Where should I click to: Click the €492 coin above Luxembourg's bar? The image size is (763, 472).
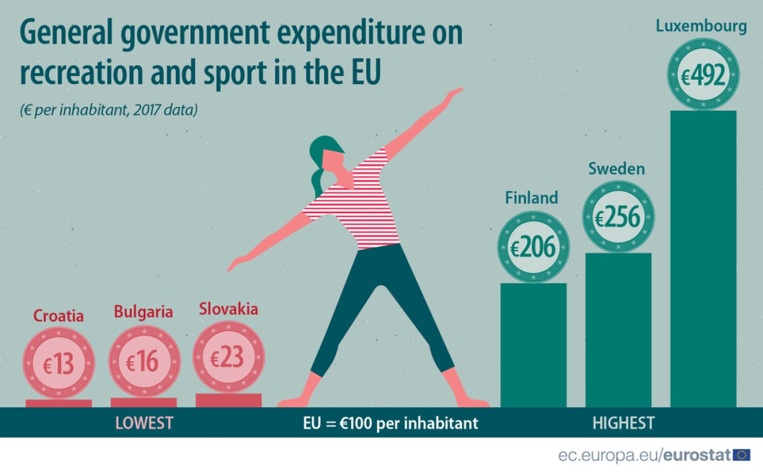703,75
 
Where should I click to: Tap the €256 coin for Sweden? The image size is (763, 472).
618,216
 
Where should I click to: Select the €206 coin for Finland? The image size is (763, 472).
534,248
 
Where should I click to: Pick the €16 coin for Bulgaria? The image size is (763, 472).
144,361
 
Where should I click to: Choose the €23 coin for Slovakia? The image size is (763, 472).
229,357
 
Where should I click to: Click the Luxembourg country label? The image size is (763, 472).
701,26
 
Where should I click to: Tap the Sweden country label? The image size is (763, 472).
617,169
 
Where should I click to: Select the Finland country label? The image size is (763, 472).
531,198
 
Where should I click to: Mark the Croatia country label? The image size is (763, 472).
59,316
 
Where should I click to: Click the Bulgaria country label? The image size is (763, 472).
143,312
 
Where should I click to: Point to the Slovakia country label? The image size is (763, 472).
228,309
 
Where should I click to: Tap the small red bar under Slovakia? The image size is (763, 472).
228,400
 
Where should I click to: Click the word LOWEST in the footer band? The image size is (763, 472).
144,423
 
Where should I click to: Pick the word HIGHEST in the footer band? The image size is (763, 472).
623,423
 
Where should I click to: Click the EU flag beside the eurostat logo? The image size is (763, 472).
742,455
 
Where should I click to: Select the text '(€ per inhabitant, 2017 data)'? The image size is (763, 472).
108,110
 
